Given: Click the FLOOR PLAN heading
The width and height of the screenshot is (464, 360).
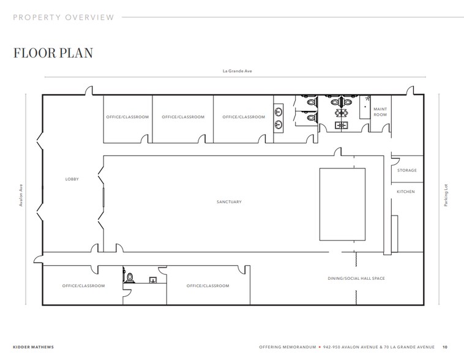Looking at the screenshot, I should (53, 53).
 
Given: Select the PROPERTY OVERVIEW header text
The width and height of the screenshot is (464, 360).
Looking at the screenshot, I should (64, 17).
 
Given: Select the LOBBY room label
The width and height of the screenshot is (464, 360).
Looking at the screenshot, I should (72, 179).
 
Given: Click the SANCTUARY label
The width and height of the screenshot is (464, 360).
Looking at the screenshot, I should (229, 201).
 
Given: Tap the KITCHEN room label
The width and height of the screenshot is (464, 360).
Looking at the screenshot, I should (405, 192).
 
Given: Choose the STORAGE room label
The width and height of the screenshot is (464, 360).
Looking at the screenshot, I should (406, 170).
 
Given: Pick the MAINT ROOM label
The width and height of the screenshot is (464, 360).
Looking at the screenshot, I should (380, 113).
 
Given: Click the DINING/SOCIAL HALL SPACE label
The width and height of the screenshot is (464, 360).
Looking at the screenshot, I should (356, 278).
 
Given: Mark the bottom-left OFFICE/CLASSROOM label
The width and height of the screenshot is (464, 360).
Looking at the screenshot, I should (83, 285).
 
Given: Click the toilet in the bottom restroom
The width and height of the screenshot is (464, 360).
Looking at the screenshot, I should (130, 277).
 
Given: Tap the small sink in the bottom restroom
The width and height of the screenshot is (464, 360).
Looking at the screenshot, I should (153, 279).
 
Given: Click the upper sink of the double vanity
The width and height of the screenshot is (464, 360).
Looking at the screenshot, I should (279, 111).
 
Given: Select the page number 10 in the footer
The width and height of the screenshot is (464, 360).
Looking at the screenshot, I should (445, 347).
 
